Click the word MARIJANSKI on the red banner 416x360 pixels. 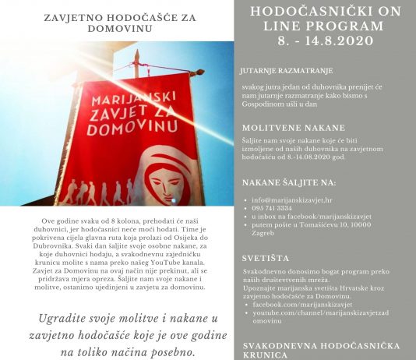click(x=117, y=104)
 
